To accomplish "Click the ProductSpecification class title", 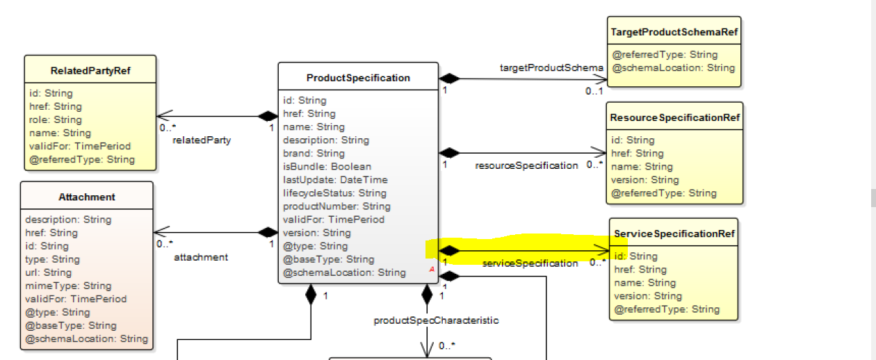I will point(358,78).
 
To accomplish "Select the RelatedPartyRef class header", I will point(90,71).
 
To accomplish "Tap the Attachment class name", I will point(87,197).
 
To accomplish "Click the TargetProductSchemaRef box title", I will point(674,32).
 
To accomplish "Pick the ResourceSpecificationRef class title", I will point(674,117).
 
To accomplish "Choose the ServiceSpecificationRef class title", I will point(674,234).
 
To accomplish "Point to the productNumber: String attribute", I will point(336,206).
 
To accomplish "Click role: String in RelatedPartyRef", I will point(55,120).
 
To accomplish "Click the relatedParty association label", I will point(202,140).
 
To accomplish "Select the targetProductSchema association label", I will point(551,67).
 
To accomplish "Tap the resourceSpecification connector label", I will point(526,165).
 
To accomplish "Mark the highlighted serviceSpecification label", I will point(530,263).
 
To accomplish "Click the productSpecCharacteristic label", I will point(436,320).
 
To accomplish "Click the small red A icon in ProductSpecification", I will point(432,268).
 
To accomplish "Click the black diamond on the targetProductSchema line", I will point(450,78).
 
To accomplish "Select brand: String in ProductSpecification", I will point(314,153).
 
